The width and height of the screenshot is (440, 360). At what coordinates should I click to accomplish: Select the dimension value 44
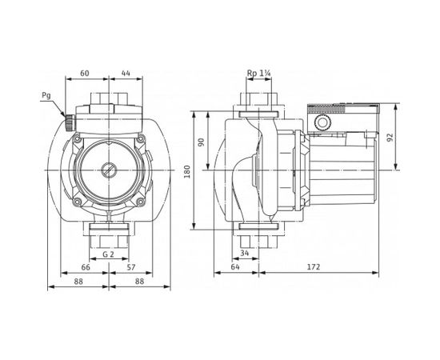[x=125, y=72]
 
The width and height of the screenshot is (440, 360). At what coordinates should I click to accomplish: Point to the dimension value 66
[x=86, y=267]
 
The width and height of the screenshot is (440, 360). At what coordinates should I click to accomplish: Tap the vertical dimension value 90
[x=202, y=142]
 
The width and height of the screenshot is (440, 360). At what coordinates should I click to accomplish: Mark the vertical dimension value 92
[x=390, y=137]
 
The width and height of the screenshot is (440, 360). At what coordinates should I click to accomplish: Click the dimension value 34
[x=245, y=254]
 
